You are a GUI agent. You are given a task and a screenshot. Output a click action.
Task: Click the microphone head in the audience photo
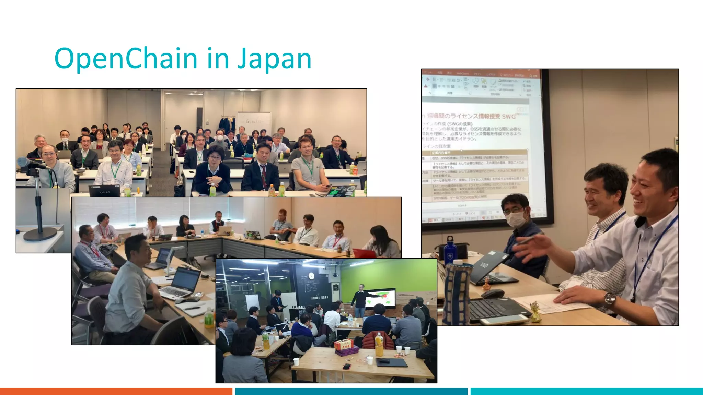[24, 161]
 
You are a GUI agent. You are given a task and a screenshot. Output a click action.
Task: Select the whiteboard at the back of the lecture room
[254, 123]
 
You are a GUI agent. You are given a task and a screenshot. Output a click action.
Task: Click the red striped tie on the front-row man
[263, 175]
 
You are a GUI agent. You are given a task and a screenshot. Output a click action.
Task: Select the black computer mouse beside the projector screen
[492, 294]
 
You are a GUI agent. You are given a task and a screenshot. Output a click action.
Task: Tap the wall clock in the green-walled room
[311, 276]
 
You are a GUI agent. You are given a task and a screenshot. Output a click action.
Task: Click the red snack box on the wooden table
[344, 345]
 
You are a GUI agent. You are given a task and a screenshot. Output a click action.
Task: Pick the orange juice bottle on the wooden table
[379, 344]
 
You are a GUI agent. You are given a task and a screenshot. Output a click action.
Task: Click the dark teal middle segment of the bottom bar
[351, 391]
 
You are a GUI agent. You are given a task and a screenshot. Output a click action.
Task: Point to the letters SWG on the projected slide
[508, 117]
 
